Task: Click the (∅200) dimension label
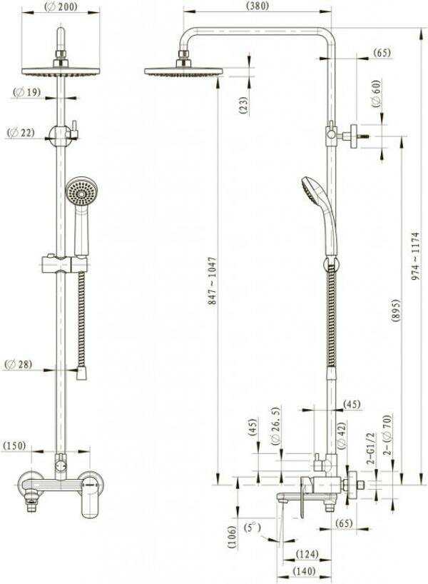(x=61, y=6)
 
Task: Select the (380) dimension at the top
(x=258, y=6)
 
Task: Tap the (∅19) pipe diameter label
(x=27, y=91)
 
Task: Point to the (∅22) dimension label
(x=21, y=132)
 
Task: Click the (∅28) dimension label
(x=19, y=364)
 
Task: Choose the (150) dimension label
(x=14, y=445)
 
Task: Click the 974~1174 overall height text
(x=415, y=256)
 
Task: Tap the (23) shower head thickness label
(x=243, y=106)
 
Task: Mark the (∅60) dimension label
(x=377, y=94)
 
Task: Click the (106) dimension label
(x=232, y=537)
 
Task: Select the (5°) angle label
(x=253, y=528)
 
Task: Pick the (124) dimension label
(x=307, y=554)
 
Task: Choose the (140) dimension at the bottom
(x=304, y=570)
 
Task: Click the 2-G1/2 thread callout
(x=371, y=448)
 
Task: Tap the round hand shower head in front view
(x=81, y=191)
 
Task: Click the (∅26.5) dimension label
(x=276, y=426)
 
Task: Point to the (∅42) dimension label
(x=341, y=433)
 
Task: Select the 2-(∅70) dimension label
(x=387, y=434)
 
